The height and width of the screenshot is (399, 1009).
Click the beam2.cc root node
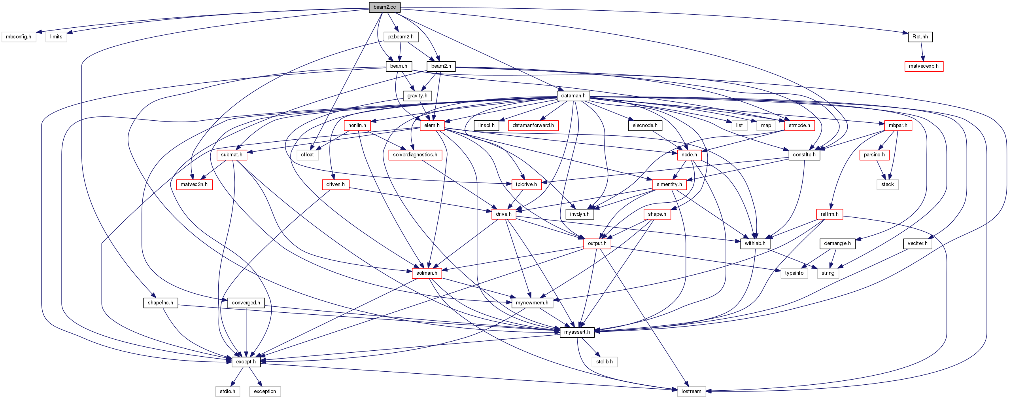[384, 7]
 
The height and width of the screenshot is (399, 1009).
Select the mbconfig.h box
[19, 37]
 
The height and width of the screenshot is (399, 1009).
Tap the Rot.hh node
[920, 37]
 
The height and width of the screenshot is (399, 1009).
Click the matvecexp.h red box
[924, 66]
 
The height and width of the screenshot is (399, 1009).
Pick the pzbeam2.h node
[401, 37]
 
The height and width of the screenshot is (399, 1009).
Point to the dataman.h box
[573, 96]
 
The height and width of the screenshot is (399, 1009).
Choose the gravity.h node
[417, 96]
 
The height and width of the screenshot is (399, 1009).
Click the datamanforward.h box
[533, 125]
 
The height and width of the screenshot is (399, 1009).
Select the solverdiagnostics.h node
[415, 155]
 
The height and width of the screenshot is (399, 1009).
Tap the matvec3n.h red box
[194, 184]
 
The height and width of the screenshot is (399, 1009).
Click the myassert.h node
[577, 332]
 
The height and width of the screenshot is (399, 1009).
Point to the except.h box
[246, 362]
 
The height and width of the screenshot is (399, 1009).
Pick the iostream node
[691, 391]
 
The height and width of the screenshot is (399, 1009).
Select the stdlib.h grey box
[604, 362]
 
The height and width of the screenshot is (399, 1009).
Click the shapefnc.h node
[160, 303]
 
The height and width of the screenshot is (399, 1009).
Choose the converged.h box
[246, 303]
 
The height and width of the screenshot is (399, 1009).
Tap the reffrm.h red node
[829, 214]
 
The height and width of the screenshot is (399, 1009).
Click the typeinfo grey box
[794, 273]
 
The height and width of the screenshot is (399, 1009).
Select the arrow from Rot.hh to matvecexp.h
[922, 51]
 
